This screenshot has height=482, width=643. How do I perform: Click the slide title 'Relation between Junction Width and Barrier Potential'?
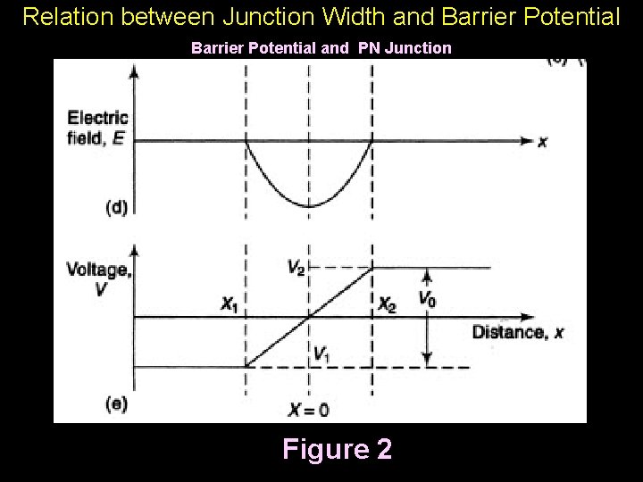click(321, 16)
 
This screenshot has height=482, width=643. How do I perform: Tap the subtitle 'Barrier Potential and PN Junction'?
click(321, 48)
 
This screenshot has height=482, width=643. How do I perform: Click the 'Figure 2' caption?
click(337, 448)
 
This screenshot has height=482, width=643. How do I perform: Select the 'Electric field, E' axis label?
click(97, 128)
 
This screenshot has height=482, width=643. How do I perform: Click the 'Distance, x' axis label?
click(518, 333)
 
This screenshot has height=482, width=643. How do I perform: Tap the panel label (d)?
click(117, 207)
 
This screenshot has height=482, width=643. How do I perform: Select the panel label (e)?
click(117, 403)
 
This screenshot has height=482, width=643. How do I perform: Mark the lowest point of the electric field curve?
click(309, 207)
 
